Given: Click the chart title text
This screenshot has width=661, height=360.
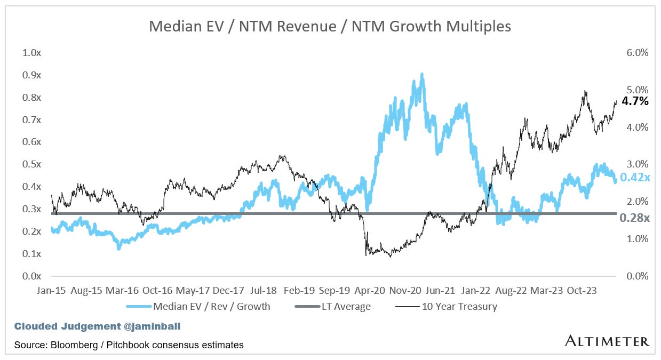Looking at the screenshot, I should coord(330,26).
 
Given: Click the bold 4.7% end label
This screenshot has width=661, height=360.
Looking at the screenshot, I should coord(635,101).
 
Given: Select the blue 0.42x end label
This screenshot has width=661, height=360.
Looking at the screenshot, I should coord(634,178).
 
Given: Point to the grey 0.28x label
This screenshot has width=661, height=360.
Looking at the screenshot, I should coord(634,218).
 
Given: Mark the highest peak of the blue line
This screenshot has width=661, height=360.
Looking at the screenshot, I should coord(422,75).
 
